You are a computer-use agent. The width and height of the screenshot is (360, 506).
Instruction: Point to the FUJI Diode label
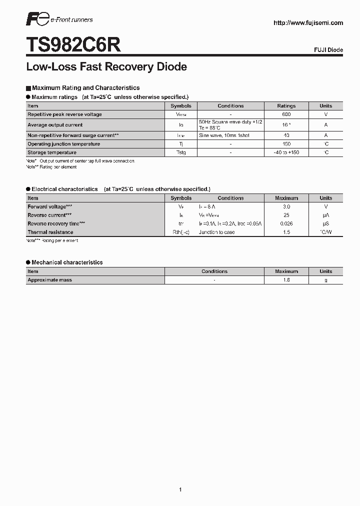point(328,50)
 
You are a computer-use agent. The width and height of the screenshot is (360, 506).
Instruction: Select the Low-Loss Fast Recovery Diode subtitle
point(106,66)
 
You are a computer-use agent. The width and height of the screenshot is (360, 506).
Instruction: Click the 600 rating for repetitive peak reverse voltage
point(286,114)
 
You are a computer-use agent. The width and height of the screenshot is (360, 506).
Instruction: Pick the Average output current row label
point(55,125)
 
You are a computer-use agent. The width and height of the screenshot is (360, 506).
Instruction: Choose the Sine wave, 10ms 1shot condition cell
point(224,135)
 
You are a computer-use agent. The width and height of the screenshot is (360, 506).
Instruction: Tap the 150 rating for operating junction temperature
point(286,144)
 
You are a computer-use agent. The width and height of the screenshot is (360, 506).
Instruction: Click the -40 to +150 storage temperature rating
point(286,152)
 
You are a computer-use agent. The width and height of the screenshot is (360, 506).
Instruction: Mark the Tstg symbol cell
point(180,152)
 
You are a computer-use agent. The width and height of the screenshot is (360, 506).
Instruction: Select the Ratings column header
point(286,106)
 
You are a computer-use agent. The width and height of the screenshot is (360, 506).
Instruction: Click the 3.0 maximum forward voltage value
point(286,206)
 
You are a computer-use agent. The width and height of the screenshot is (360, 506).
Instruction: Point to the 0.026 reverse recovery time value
point(286,223)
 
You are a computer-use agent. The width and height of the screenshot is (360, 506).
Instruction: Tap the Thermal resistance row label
point(50,232)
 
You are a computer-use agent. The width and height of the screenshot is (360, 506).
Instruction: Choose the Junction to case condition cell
point(216,232)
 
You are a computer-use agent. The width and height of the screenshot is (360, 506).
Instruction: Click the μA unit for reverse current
point(325,215)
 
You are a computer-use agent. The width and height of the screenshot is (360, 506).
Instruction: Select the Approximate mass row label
point(50,280)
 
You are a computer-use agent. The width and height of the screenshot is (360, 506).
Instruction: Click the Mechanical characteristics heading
point(67,262)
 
